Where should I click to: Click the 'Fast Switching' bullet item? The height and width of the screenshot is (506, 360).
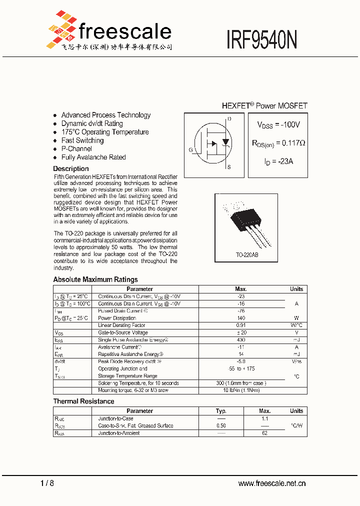[x=82, y=140]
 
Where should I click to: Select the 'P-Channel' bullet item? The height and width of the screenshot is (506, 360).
[x=76, y=149]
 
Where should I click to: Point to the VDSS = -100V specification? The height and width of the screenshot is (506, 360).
[x=278, y=124]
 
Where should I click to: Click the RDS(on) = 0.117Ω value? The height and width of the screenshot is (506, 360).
[x=278, y=143]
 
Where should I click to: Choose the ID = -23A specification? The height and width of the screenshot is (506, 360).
[x=278, y=161]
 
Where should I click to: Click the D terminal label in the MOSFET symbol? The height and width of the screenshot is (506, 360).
[x=229, y=119]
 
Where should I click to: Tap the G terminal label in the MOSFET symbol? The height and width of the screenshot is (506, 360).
[x=190, y=150]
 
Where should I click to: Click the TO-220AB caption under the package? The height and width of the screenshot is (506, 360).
[x=247, y=255]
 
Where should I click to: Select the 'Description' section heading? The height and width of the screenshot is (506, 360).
[x=71, y=169]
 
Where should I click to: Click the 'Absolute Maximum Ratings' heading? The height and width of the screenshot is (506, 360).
[x=95, y=279]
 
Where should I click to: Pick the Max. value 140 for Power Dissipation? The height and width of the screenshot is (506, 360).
[x=241, y=318]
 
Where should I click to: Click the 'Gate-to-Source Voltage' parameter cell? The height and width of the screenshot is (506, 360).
[x=123, y=332]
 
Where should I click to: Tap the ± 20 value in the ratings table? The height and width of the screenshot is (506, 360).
[x=241, y=332]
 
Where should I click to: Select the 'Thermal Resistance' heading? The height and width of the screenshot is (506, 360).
[x=84, y=401]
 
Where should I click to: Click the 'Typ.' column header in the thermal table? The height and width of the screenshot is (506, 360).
[x=221, y=411]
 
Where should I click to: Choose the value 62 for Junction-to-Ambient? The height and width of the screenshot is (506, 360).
[x=265, y=433]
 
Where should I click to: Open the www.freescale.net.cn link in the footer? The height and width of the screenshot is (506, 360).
[x=272, y=483]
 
